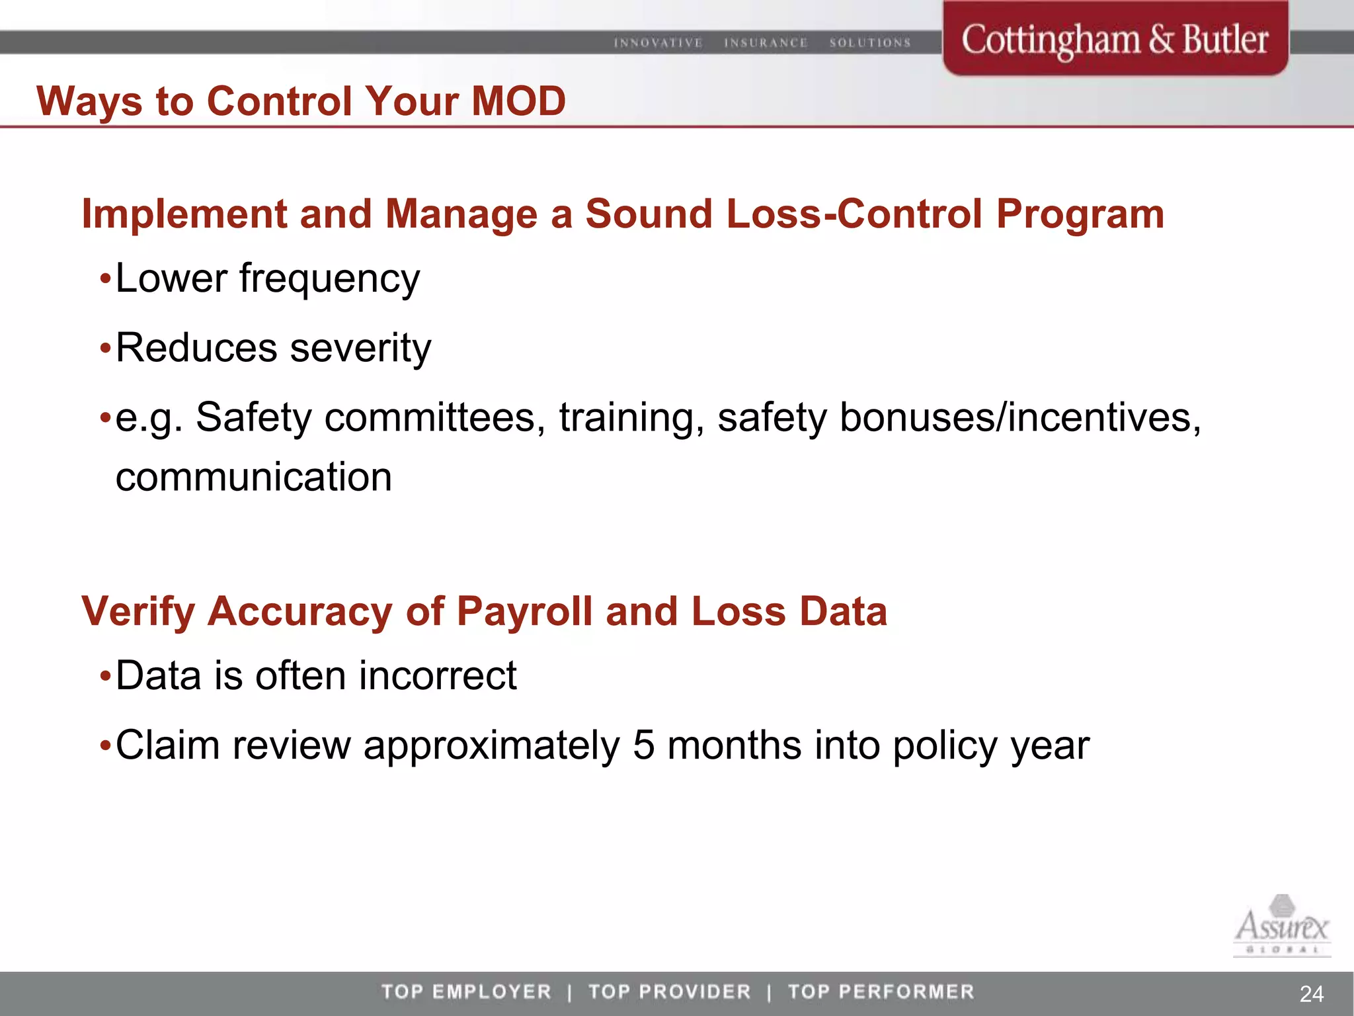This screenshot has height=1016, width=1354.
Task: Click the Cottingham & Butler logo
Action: click(x=1115, y=40)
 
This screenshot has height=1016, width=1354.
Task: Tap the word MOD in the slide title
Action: click(x=518, y=101)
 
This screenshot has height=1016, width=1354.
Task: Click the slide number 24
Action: click(x=1311, y=994)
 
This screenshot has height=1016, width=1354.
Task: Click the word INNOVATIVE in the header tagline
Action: click(x=658, y=43)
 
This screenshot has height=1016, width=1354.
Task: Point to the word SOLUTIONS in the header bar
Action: click(x=870, y=43)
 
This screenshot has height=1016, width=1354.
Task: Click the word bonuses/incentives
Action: click(x=1019, y=418)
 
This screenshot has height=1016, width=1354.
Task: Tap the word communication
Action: click(x=254, y=478)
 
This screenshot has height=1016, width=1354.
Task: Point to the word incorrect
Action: click(x=438, y=676)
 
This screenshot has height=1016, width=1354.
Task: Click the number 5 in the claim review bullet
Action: click(x=643, y=745)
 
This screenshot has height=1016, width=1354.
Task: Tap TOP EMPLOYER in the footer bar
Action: click(x=466, y=992)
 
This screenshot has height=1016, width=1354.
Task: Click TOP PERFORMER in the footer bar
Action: click(x=881, y=992)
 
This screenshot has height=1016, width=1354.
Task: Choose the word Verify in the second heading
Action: click(x=138, y=611)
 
